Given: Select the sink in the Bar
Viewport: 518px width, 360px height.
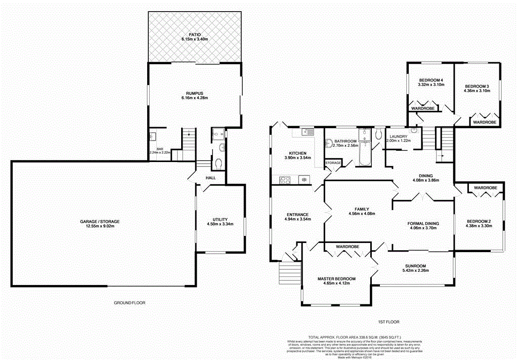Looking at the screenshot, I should point(152,136).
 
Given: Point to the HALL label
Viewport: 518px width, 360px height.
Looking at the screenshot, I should point(210,178).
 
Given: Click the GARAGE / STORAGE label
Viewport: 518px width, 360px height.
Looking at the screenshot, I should point(101,222).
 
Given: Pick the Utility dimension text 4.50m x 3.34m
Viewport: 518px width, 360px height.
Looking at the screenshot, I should point(220,224).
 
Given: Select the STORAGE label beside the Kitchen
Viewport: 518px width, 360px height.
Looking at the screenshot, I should point(333,163).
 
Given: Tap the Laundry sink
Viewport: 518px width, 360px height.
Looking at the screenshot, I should point(413,130).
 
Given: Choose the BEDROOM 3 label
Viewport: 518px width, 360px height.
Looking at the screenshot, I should point(477,86).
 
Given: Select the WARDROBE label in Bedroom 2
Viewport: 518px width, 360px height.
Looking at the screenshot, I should point(486,188).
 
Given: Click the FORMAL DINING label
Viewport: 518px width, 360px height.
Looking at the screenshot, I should point(423,223).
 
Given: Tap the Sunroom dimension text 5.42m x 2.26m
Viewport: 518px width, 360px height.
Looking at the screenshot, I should point(415,271).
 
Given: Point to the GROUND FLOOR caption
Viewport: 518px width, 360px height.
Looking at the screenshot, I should point(129,303).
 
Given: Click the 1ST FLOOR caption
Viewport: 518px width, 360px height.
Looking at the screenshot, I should point(388,322).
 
